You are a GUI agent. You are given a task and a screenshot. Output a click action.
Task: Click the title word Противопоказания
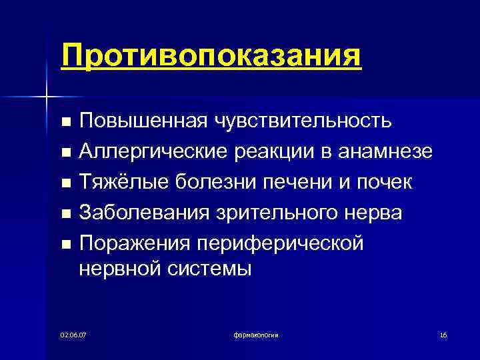click(211, 55)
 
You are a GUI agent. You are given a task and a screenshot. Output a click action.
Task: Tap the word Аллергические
click(153, 152)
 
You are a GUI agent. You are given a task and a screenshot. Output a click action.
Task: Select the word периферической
click(287, 243)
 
